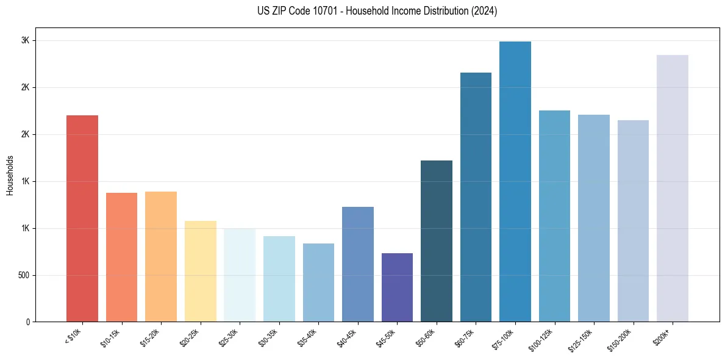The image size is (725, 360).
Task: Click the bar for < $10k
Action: [82, 218]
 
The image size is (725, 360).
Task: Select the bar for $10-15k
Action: [121, 257]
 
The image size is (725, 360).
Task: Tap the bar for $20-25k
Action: [200, 271]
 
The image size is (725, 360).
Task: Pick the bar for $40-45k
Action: [358, 264]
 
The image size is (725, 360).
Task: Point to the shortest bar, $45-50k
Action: [397, 287]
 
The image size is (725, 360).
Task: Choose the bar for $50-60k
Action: [437, 241]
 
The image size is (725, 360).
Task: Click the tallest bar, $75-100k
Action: [515, 182]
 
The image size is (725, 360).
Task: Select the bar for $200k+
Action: [673, 189]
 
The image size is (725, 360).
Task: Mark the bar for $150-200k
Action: [633, 221]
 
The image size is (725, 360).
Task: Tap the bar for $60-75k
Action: [476, 197]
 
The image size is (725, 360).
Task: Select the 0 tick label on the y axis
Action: [28, 322]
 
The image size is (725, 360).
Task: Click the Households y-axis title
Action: [10, 175]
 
